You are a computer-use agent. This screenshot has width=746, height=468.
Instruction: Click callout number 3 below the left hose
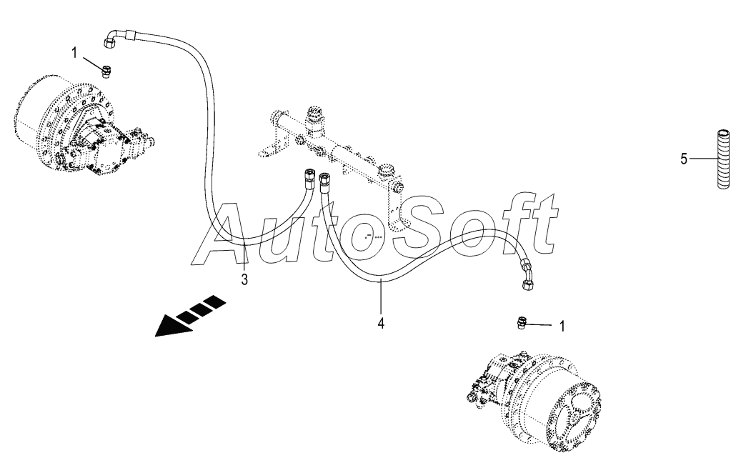pos(244,279)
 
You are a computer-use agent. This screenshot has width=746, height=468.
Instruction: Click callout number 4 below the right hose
pos(382,323)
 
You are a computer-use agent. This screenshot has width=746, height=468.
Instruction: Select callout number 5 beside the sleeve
pos(684,159)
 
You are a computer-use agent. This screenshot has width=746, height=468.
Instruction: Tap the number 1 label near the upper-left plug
pos(74,52)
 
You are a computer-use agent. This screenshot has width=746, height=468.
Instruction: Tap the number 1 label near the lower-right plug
pos(562,326)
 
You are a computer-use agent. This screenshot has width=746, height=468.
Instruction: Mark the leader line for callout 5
pos(702,159)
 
